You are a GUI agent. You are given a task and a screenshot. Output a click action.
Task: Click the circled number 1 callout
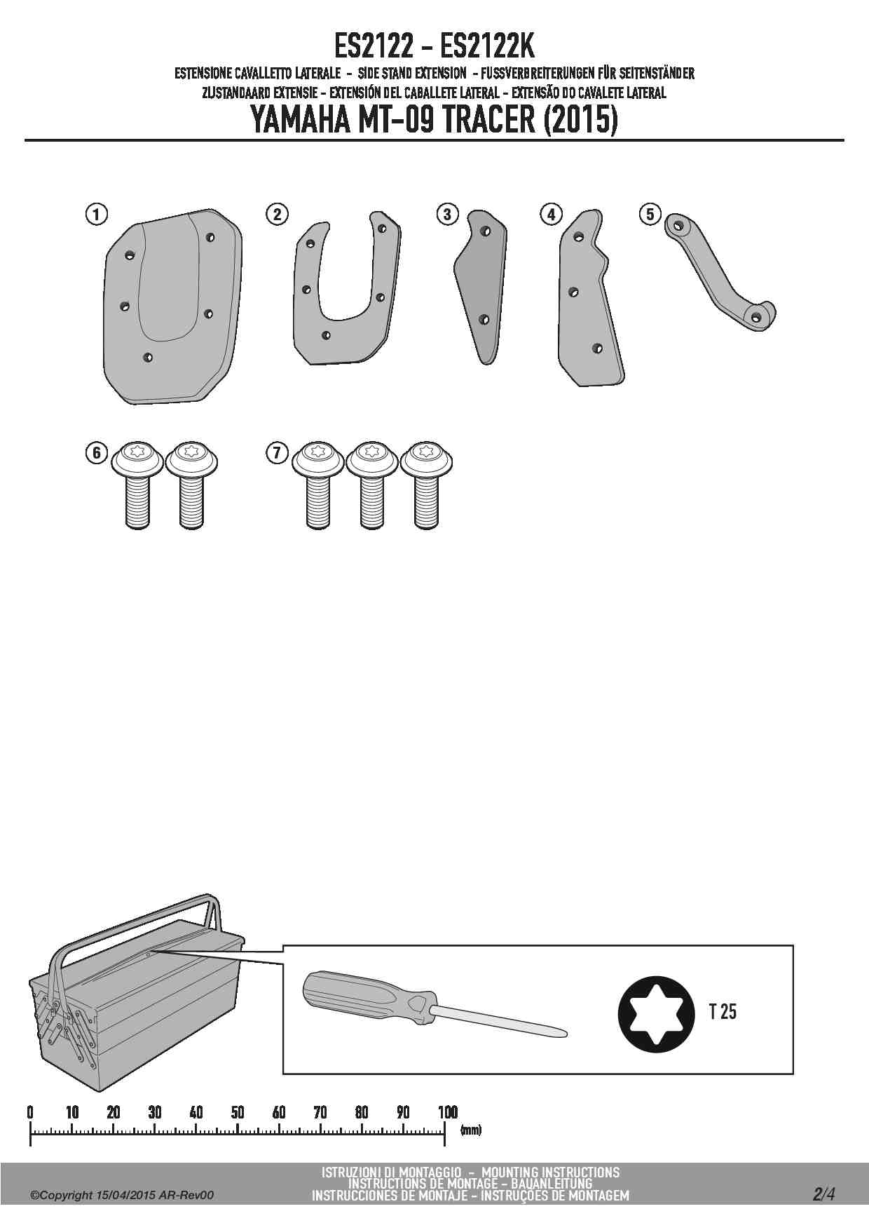pos(97,214)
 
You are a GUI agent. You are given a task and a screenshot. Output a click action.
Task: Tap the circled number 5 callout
pos(650,214)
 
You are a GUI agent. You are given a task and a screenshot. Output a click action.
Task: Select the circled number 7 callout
pos(277,452)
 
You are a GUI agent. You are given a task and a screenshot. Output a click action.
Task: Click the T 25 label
pos(723,1012)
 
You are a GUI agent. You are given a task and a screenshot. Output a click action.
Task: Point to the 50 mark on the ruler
pos(238,1112)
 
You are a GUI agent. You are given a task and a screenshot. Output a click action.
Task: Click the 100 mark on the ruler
pos(447,1112)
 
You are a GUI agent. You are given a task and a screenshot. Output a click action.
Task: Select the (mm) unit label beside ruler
pos(471,1130)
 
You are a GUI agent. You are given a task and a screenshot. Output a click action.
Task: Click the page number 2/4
pos(823,1194)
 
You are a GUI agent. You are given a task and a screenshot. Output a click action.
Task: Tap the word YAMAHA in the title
pos(299,120)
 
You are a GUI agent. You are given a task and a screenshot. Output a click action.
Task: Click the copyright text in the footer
pos(122,1195)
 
